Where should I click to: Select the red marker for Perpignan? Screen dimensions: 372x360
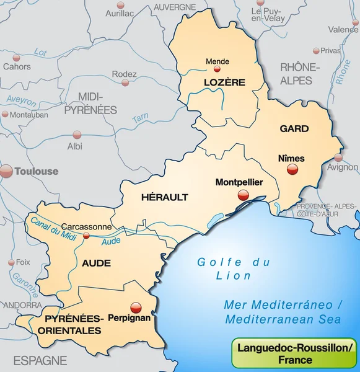(x=136, y=306)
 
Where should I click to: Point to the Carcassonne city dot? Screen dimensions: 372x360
(x=86, y=236)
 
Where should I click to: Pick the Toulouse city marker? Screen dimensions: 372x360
(x=6, y=172)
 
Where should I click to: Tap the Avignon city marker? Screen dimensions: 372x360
(x=338, y=157)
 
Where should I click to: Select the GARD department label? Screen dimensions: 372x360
(x=294, y=128)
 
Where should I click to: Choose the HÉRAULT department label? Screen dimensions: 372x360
(x=164, y=197)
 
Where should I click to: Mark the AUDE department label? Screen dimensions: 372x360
(x=96, y=263)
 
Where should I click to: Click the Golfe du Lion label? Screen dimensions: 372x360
(x=234, y=268)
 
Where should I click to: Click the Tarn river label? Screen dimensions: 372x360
(x=141, y=118)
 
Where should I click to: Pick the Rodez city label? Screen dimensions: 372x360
(x=124, y=74)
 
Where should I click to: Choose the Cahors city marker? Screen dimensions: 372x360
(x=17, y=55)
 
